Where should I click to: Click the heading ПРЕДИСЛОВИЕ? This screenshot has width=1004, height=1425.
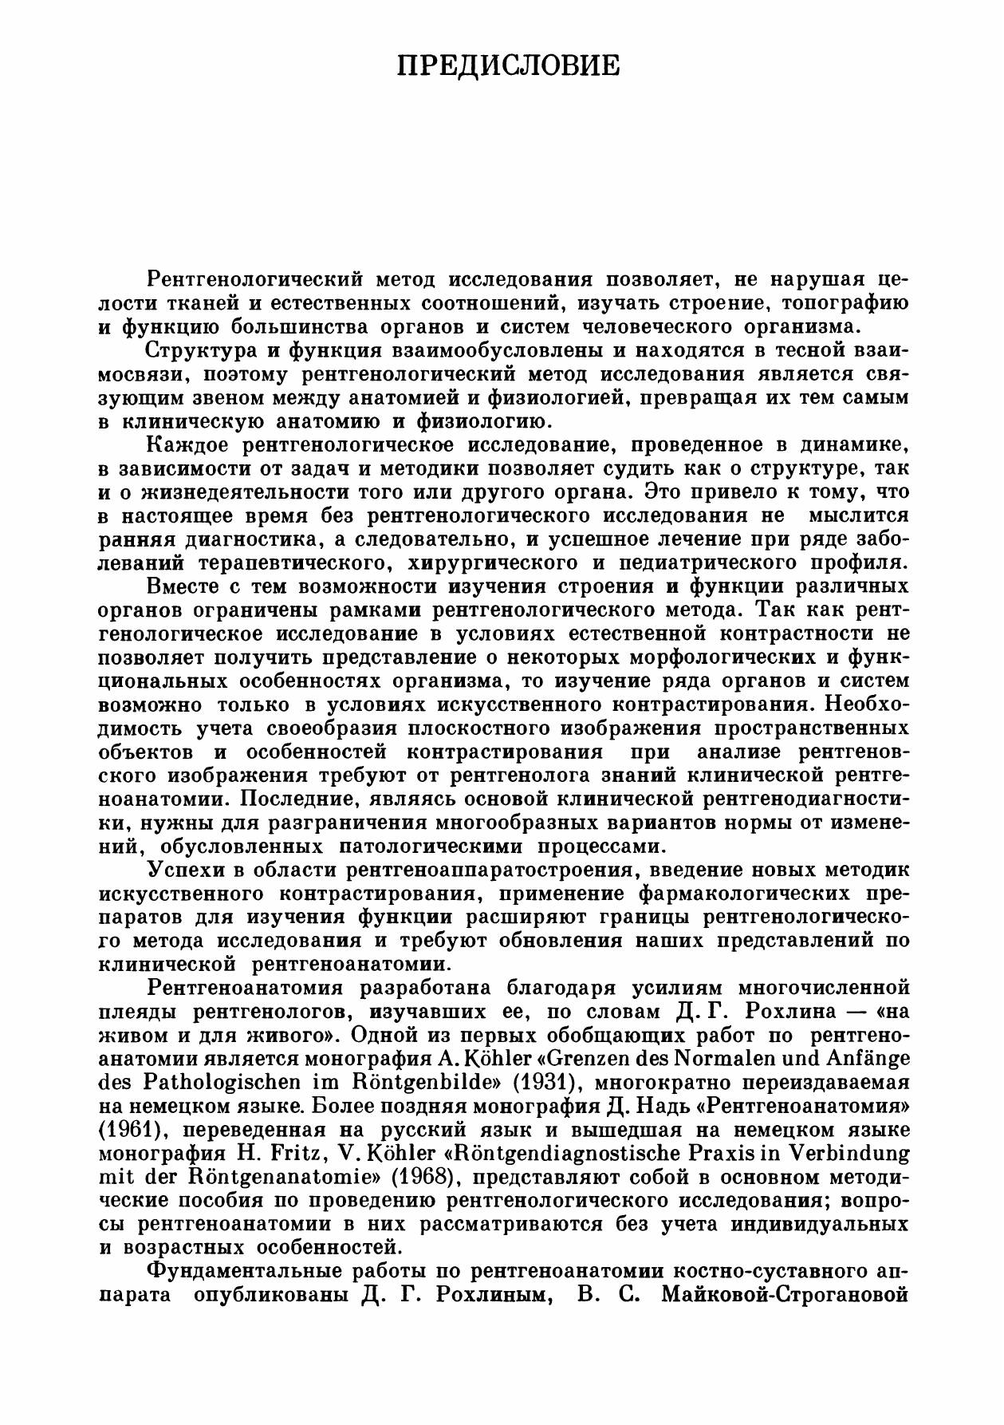point(508,65)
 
